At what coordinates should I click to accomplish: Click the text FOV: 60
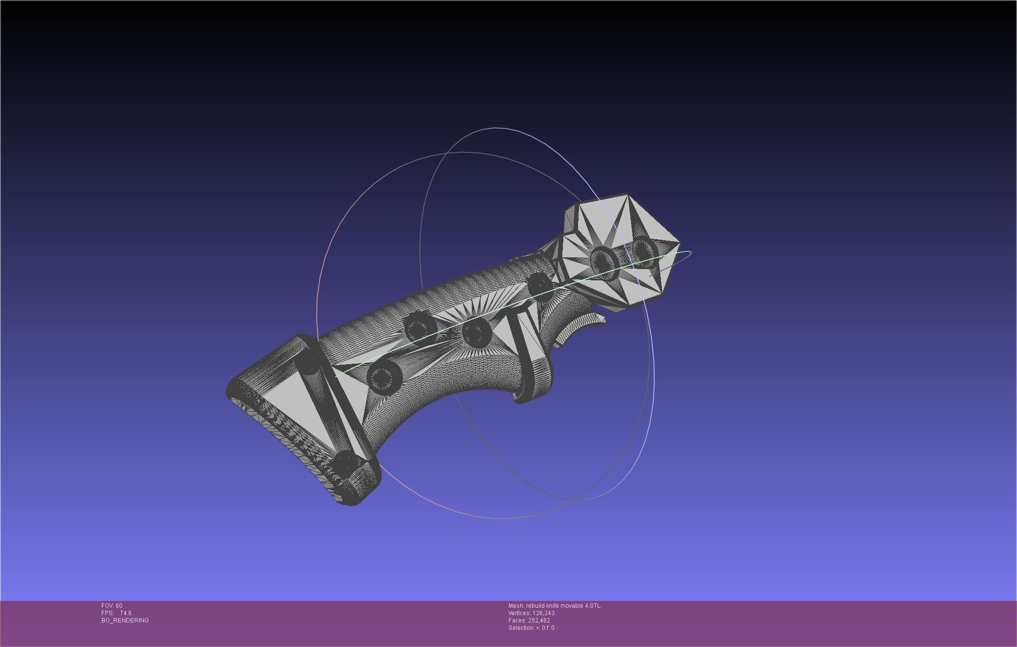tap(112, 606)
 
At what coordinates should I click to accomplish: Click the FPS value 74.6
tap(125, 613)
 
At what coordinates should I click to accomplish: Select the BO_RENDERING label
tap(125, 621)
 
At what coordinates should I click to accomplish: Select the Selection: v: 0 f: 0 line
tap(531, 628)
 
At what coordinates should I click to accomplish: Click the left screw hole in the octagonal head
tap(603, 259)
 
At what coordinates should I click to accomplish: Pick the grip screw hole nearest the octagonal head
tap(539, 284)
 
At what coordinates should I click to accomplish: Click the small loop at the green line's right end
tap(686, 253)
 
